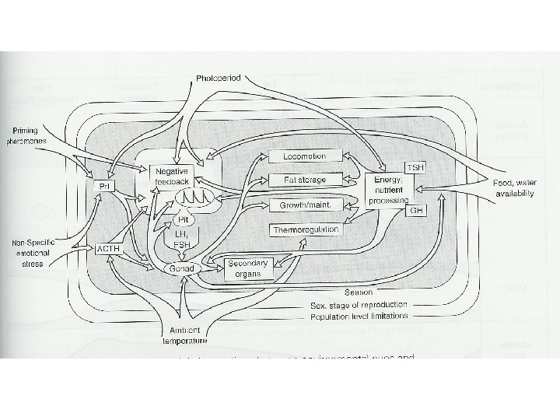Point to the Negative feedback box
point(173,175)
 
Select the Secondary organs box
point(247,268)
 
